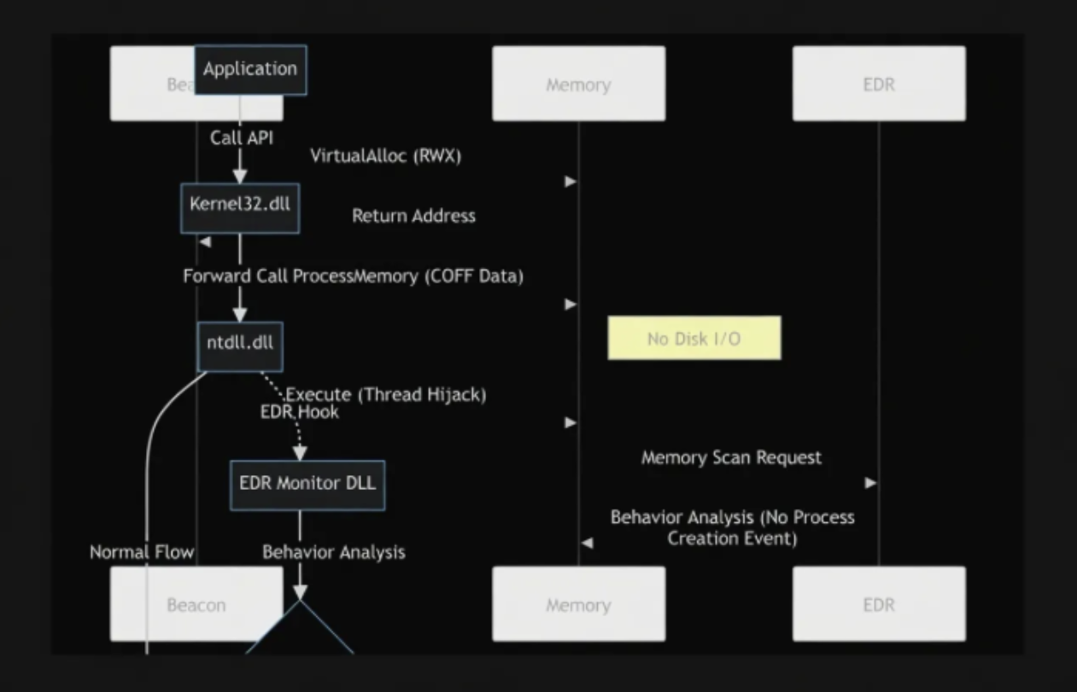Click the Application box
(x=250, y=69)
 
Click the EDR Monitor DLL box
(x=307, y=485)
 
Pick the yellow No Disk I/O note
(x=694, y=338)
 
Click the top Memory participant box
(x=578, y=84)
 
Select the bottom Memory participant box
(x=578, y=604)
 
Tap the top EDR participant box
(x=879, y=84)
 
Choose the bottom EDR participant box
(x=879, y=604)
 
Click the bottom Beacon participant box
(x=196, y=604)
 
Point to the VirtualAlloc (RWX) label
(x=386, y=154)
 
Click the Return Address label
(x=413, y=216)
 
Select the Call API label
(x=242, y=137)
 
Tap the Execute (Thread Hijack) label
(x=385, y=395)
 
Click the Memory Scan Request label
(x=731, y=457)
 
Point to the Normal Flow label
(x=142, y=552)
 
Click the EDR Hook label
(x=299, y=412)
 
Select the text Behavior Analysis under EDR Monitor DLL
(x=333, y=552)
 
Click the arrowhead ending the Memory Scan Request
(x=871, y=483)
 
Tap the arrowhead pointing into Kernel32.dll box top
(x=240, y=176)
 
